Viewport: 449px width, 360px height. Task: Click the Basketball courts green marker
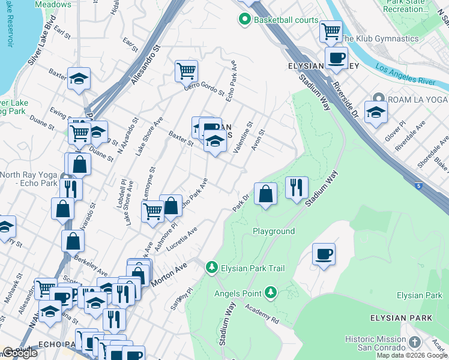(244, 20)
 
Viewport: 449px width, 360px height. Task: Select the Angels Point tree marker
(271, 293)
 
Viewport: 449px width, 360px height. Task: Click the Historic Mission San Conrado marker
(414, 343)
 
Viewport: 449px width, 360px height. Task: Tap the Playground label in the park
(273, 231)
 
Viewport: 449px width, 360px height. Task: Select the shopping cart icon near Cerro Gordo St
(187, 71)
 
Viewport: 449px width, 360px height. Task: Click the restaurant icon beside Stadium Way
(297, 188)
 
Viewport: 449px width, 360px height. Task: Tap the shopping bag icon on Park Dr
(265, 194)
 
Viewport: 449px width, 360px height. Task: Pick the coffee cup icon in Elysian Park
(324, 254)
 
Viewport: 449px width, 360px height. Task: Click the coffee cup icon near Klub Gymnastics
(336, 58)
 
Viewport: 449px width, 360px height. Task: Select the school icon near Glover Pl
(376, 112)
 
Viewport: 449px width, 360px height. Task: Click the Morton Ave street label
(173, 274)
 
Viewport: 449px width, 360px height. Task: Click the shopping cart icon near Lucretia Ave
(153, 211)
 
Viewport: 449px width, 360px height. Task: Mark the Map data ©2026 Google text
(412, 355)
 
